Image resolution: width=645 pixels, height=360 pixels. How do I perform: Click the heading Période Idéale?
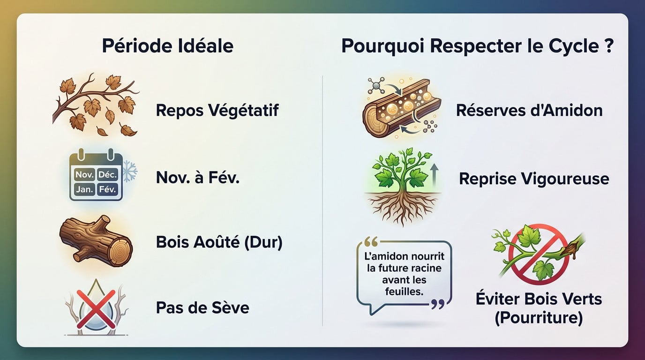pyautogui.click(x=167, y=46)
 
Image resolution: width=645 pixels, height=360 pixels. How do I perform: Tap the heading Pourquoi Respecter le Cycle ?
pyautogui.click(x=477, y=46)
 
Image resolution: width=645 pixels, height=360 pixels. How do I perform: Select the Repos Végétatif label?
pyautogui.click(x=217, y=111)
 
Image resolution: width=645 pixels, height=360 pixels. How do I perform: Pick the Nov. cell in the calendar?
pyautogui.click(x=83, y=175)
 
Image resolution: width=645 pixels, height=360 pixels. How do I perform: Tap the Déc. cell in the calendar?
pyautogui.click(x=108, y=175)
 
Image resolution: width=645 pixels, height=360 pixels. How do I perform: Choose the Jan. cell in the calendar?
pyautogui.click(x=83, y=190)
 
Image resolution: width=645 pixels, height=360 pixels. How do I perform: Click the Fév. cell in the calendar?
pyautogui.click(x=108, y=190)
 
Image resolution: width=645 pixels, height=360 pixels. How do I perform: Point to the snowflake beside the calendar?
pyautogui.click(x=129, y=173)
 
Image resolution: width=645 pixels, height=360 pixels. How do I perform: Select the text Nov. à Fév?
pyautogui.click(x=197, y=178)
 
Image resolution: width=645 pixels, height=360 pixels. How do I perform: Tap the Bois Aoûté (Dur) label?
pyautogui.click(x=219, y=243)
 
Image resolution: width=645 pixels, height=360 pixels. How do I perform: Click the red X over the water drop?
pyautogui.click(x=96, y=308)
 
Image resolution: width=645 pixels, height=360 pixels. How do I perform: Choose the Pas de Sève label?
pyautogui.click(x=202, y=308)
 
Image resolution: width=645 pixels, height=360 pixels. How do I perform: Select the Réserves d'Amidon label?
pyautogui.click(x=529, y=111)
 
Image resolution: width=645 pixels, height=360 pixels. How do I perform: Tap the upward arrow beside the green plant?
pyautogui.click(x=433, y=178)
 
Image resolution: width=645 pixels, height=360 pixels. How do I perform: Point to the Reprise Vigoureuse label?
pyautogui.click(x=534, y=179)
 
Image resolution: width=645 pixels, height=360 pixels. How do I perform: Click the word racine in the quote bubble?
pyautogui.click(x=425, y=269)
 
